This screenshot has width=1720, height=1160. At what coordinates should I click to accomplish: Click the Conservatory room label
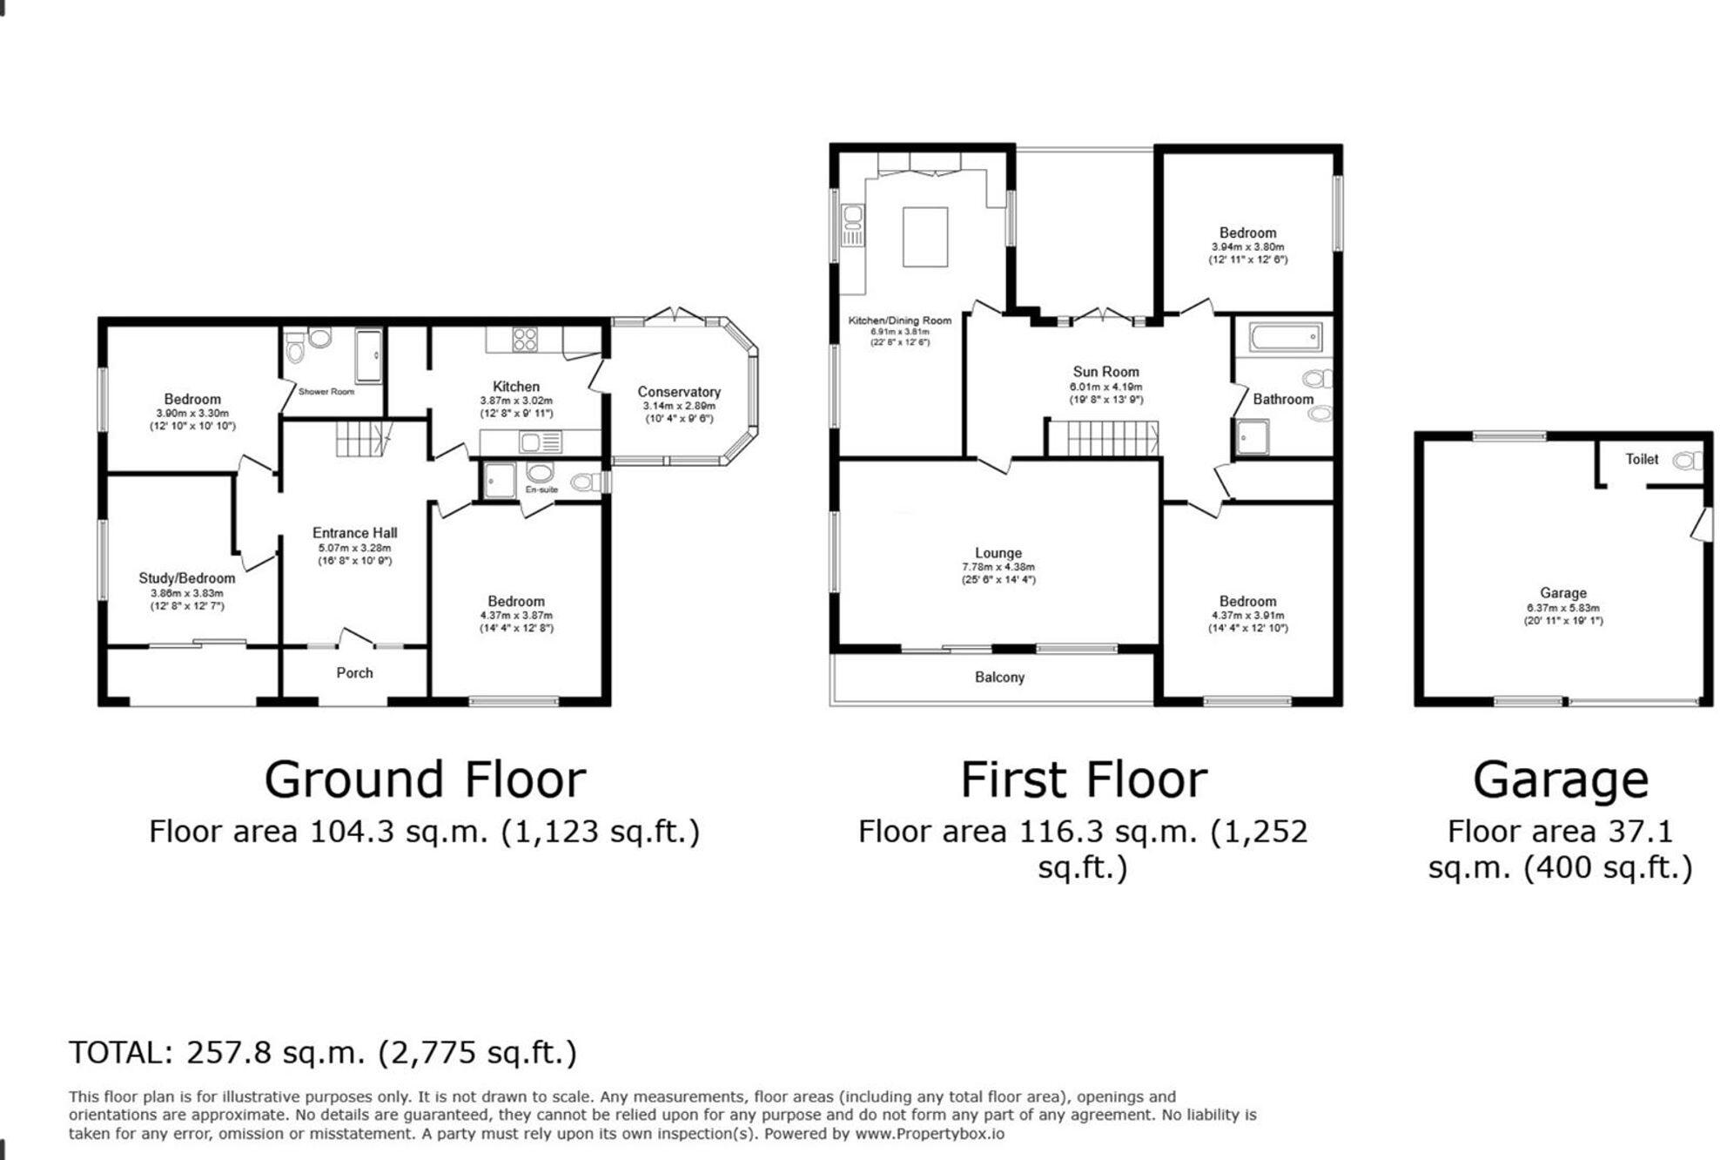pyautogui.click(x=678, y=392)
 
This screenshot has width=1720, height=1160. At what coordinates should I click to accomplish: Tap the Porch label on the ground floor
pyautogui.click(x=354, y=673)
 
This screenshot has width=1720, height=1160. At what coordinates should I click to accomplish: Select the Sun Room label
pyautogui.click(x=1105, y=372)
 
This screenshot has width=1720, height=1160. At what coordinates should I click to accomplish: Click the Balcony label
pyautogui.click(x=999, y=678)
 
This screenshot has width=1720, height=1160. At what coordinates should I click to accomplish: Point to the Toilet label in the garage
pyautogui.click(x=1642, y=460)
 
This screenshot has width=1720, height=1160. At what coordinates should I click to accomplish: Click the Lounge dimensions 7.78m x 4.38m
pyautogui.click(x=998, y=567)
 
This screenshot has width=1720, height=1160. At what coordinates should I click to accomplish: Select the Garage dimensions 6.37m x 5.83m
pyautogui.click(x=1562, y=608)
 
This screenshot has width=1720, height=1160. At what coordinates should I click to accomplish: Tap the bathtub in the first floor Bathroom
pyautogui.click(x=1285, y=337)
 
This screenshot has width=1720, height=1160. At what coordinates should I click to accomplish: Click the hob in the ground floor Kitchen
pyautogui.click(x=525, y=339)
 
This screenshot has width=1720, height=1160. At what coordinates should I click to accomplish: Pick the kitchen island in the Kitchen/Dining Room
pyautogui.click(x=924, y=237)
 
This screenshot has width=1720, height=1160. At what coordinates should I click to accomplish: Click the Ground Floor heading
pyautogui.click(x=425, y=779)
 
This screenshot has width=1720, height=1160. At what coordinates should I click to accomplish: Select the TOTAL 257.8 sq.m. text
pyautogui.click(x=323, y=1053)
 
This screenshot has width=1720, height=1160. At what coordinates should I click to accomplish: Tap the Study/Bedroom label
pyautogui.click(x=186, y=578)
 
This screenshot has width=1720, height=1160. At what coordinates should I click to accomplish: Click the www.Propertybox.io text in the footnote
pyautogui.click(x=929, y=1134)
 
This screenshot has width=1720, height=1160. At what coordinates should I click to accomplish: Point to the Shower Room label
pyautogui.click(x=326, y=392)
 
